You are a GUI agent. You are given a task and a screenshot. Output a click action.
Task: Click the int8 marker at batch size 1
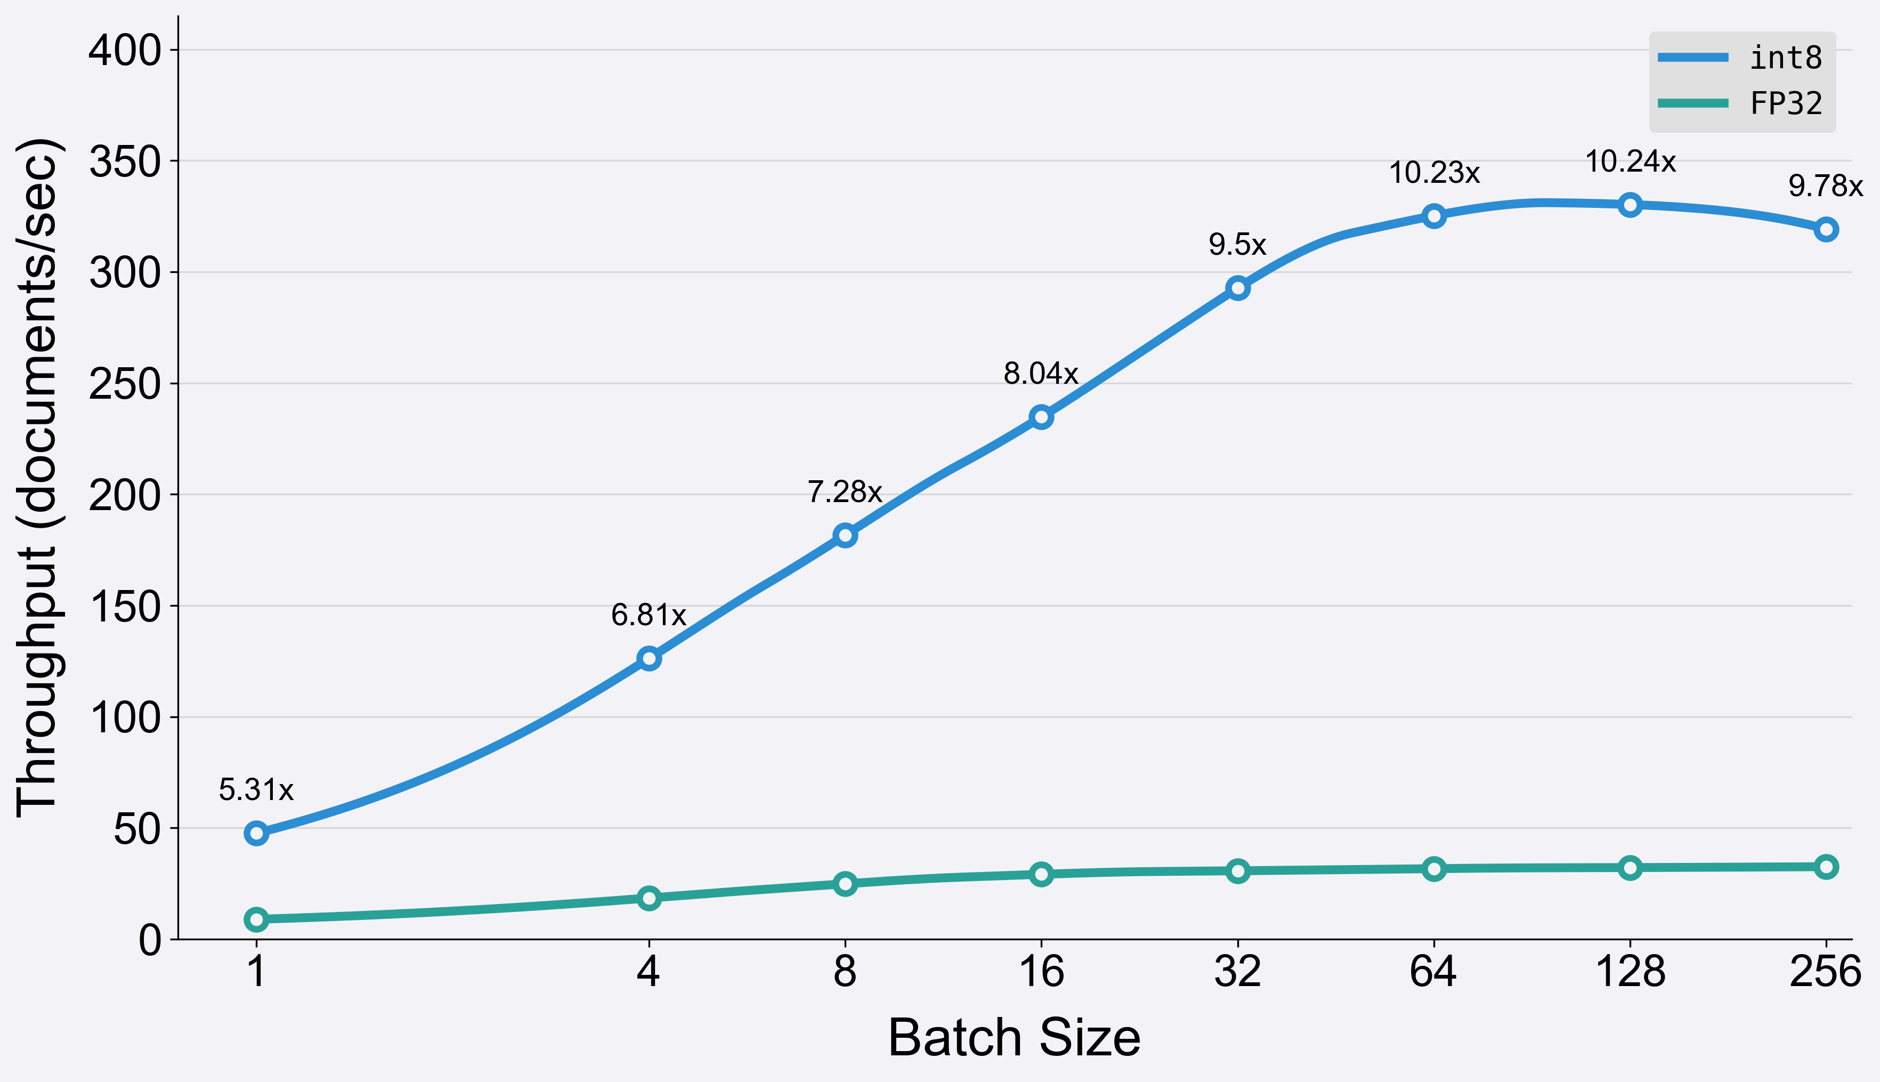click(256, 833)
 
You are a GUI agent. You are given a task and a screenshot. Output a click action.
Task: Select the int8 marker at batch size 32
click(1237, 288)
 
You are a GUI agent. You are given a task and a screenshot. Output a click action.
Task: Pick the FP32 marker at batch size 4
click(649, 898)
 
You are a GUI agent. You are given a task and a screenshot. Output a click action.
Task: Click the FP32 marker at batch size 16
click(1041, 874)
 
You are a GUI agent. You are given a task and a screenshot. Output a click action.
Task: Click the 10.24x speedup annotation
click(1631, 162)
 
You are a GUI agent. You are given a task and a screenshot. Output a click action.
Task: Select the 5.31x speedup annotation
click(256, 790)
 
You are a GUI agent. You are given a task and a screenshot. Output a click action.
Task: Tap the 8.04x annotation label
click(1041, 373)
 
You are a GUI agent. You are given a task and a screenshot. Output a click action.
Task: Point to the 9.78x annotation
click(1826, 186)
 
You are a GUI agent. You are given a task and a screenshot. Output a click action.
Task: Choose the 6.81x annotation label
click(649, 615)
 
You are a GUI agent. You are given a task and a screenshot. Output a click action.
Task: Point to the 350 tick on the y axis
click(125, 162)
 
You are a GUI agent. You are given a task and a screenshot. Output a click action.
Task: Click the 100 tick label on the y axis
click(125, 718)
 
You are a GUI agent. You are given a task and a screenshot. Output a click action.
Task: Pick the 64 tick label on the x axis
click(1433, 971)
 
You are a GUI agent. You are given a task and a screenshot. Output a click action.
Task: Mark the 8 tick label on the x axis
click(845, 971)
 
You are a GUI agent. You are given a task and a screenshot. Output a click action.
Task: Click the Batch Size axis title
click(1014, 1038)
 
